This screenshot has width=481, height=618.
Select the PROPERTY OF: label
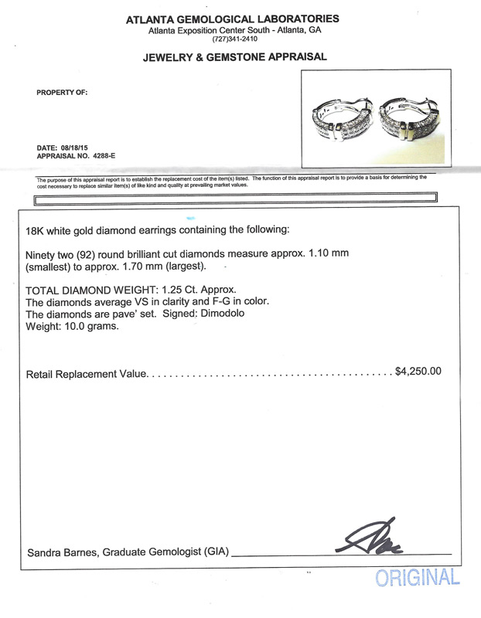pyautogui.click(x=62, y=93)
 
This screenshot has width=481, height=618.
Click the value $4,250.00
pyautogui.click(x=418, y=371)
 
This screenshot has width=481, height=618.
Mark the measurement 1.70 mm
pyautogui.click(x=183, y=267)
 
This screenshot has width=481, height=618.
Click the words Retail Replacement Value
pyautogui.click(x=87, y=374)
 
